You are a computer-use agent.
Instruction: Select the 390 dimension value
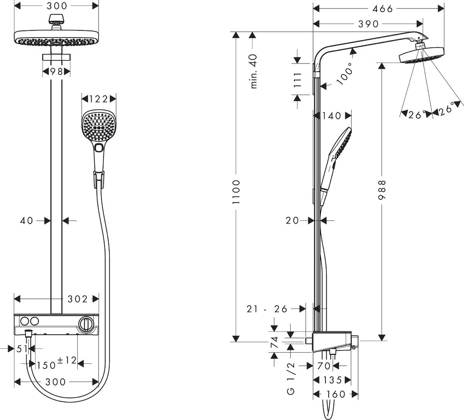tap(368, 24)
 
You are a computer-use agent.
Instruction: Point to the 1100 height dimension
tap(237, 192)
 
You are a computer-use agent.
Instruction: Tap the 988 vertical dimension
tap(382, 190)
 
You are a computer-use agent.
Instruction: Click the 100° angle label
tap(345, 74)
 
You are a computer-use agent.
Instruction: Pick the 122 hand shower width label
tap(99, 99)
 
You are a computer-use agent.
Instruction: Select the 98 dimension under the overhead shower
tap(56, 71)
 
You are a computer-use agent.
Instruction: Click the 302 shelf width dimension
tap(78, 298)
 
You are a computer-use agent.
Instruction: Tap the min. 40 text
tap(254, 71)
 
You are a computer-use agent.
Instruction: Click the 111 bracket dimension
tap(297, 80)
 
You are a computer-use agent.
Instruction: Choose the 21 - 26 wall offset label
tap(268, 309)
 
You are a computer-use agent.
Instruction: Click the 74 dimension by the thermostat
tap(274, 343)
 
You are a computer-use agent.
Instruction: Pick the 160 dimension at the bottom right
tap(335, 394)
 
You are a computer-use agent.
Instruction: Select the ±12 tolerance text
tap(67, 360)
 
